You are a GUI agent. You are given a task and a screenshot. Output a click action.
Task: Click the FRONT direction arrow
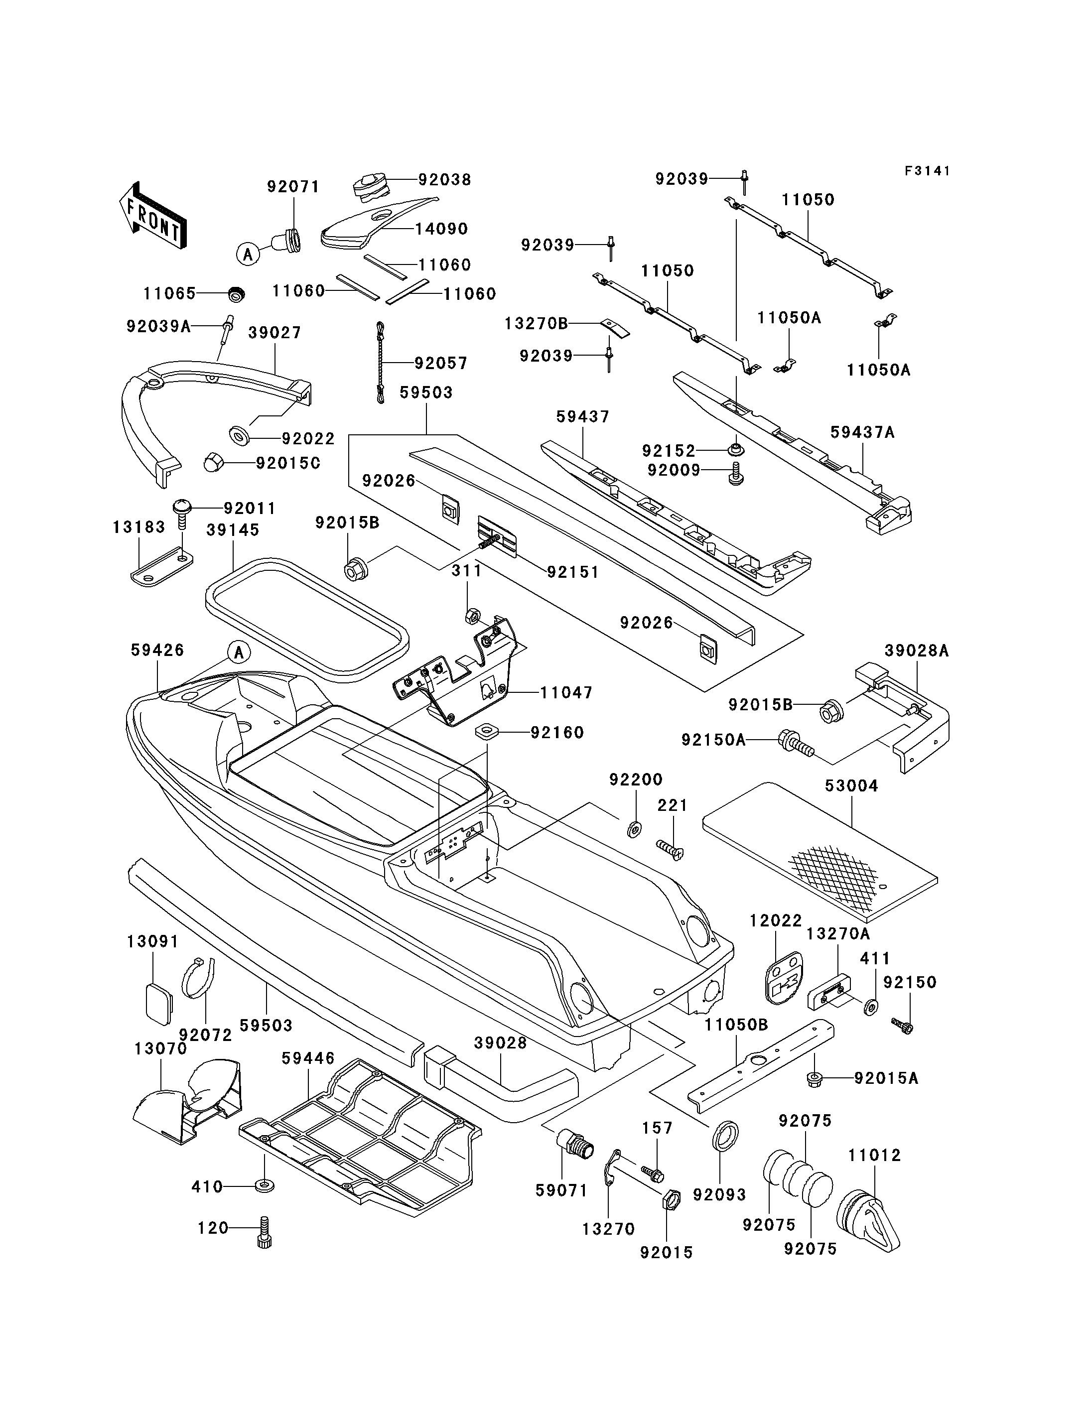point(153,216)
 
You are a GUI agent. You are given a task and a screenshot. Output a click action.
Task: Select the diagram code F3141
point(928,171)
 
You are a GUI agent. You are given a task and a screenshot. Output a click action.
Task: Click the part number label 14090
point(441,229)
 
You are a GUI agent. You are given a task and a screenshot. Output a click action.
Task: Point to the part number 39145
point(233,530)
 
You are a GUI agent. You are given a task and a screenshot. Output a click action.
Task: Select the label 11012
point(875,1155)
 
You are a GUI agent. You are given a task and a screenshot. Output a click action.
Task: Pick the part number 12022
point(776,920)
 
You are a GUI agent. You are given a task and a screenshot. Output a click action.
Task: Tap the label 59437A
point(862,432)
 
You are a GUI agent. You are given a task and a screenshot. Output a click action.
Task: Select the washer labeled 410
point(264,1186)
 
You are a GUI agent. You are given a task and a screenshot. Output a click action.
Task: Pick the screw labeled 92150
point(903,1026)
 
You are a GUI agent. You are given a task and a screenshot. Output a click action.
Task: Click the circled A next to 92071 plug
point(248,254)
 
